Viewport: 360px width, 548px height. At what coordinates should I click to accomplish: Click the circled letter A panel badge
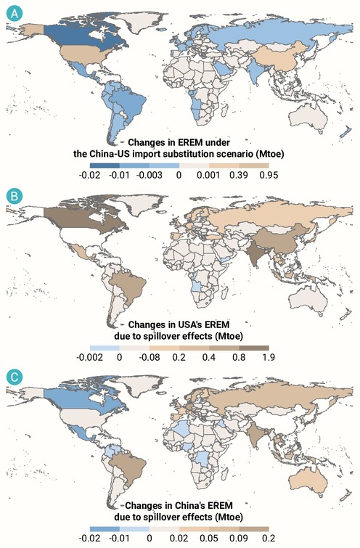[x=15, y=14]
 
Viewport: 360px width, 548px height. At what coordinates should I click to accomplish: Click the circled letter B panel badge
[x=15, y=196]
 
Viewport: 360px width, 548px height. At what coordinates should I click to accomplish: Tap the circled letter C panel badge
[x=15, y=377]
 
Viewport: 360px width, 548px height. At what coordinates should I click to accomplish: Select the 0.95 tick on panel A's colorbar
[x=269, y=175]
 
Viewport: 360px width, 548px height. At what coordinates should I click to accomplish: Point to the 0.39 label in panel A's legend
[x=239, y=175]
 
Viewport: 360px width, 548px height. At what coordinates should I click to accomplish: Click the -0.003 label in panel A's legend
[x=150, y=175]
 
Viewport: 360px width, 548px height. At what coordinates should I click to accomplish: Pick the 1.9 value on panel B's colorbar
[x=269, y=357]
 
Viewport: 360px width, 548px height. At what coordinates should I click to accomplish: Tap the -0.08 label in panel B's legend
[x=150, y=357]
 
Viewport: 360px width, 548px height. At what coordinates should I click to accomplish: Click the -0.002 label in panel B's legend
[x=90, y=357]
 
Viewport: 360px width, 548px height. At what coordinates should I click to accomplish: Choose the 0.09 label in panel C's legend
[x=239, y=539]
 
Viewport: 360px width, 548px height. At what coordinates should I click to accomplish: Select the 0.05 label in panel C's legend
[x=209, y=539]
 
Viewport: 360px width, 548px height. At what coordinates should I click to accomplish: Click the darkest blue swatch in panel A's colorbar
[x=105, y=165]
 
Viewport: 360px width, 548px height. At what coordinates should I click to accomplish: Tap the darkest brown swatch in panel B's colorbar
[x=254, y=348]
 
